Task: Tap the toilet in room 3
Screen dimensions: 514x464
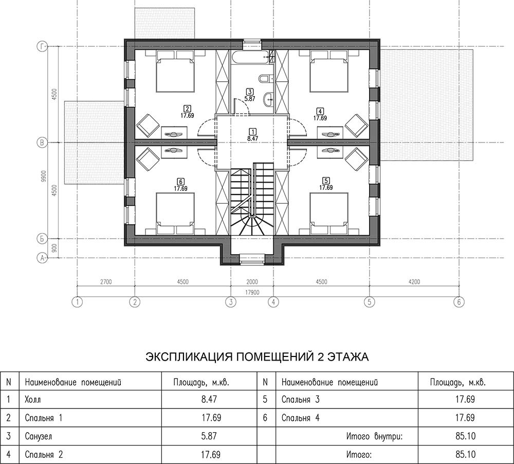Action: point(264,79)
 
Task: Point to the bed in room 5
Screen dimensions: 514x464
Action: point(329,213)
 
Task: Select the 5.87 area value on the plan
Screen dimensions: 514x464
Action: point(250,98)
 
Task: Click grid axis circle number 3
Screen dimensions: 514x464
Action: point(231,302)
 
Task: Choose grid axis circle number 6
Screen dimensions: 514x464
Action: point(458,302)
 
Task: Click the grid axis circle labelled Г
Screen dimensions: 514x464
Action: point(42,47)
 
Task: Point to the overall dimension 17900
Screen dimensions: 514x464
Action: point(252,292)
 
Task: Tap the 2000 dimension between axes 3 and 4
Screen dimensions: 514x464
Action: point(252,281)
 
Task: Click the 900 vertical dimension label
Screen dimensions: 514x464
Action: point(54,248)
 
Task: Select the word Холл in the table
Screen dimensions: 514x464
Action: point(33,400)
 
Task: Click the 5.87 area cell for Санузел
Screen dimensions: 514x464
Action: point(209,436)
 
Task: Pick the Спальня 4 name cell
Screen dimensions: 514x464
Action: point(300,418)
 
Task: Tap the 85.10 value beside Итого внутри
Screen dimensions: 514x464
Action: point(465,436)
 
